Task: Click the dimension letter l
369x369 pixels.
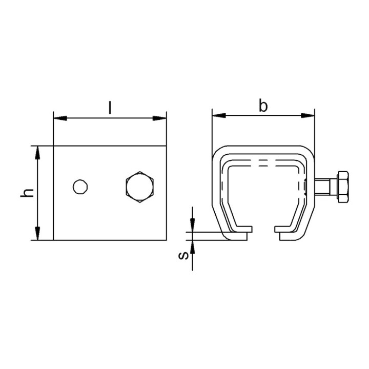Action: [110, 107]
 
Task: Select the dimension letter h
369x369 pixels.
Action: [27, 193]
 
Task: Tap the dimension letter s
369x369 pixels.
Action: [184, 255]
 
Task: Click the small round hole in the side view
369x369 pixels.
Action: [80, 187]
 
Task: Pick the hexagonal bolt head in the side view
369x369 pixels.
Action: [140, 187]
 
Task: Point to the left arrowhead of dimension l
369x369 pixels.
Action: [60, 118]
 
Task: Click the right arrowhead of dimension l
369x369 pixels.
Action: [159, 118]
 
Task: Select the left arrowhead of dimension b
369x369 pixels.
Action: [219, 115]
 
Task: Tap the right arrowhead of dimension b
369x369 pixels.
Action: [308, 115]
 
